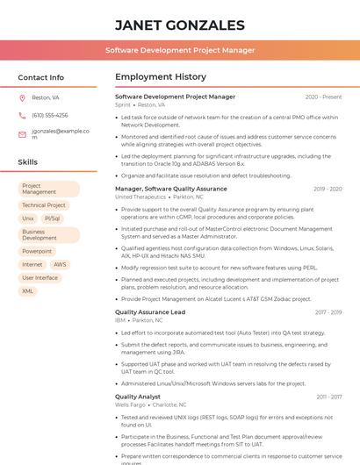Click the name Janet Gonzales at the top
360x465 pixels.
[179, 25]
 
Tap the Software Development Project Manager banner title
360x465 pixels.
[180, 51]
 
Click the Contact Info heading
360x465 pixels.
[41, 78]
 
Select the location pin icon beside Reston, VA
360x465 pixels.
[22, 98]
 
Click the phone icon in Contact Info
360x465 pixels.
[22, 115]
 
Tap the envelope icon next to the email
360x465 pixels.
[22, 133]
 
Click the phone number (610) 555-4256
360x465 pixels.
[49, 115]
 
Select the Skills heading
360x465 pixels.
[28, 162]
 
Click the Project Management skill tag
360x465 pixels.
[48, 189]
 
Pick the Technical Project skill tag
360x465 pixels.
[44, 205]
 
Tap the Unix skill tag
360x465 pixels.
[28, 218]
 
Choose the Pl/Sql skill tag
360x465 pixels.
[52, 218]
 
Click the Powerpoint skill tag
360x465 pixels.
[37, 251]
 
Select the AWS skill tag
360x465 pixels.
[60, 264]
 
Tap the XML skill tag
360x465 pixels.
[28, 291]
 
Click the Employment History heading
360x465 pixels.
[161, 78]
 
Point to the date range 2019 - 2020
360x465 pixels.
[328, 189]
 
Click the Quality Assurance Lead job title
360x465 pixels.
[150, 312]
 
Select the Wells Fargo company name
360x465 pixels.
[131, 404]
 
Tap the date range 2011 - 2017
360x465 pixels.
[329, 397]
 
